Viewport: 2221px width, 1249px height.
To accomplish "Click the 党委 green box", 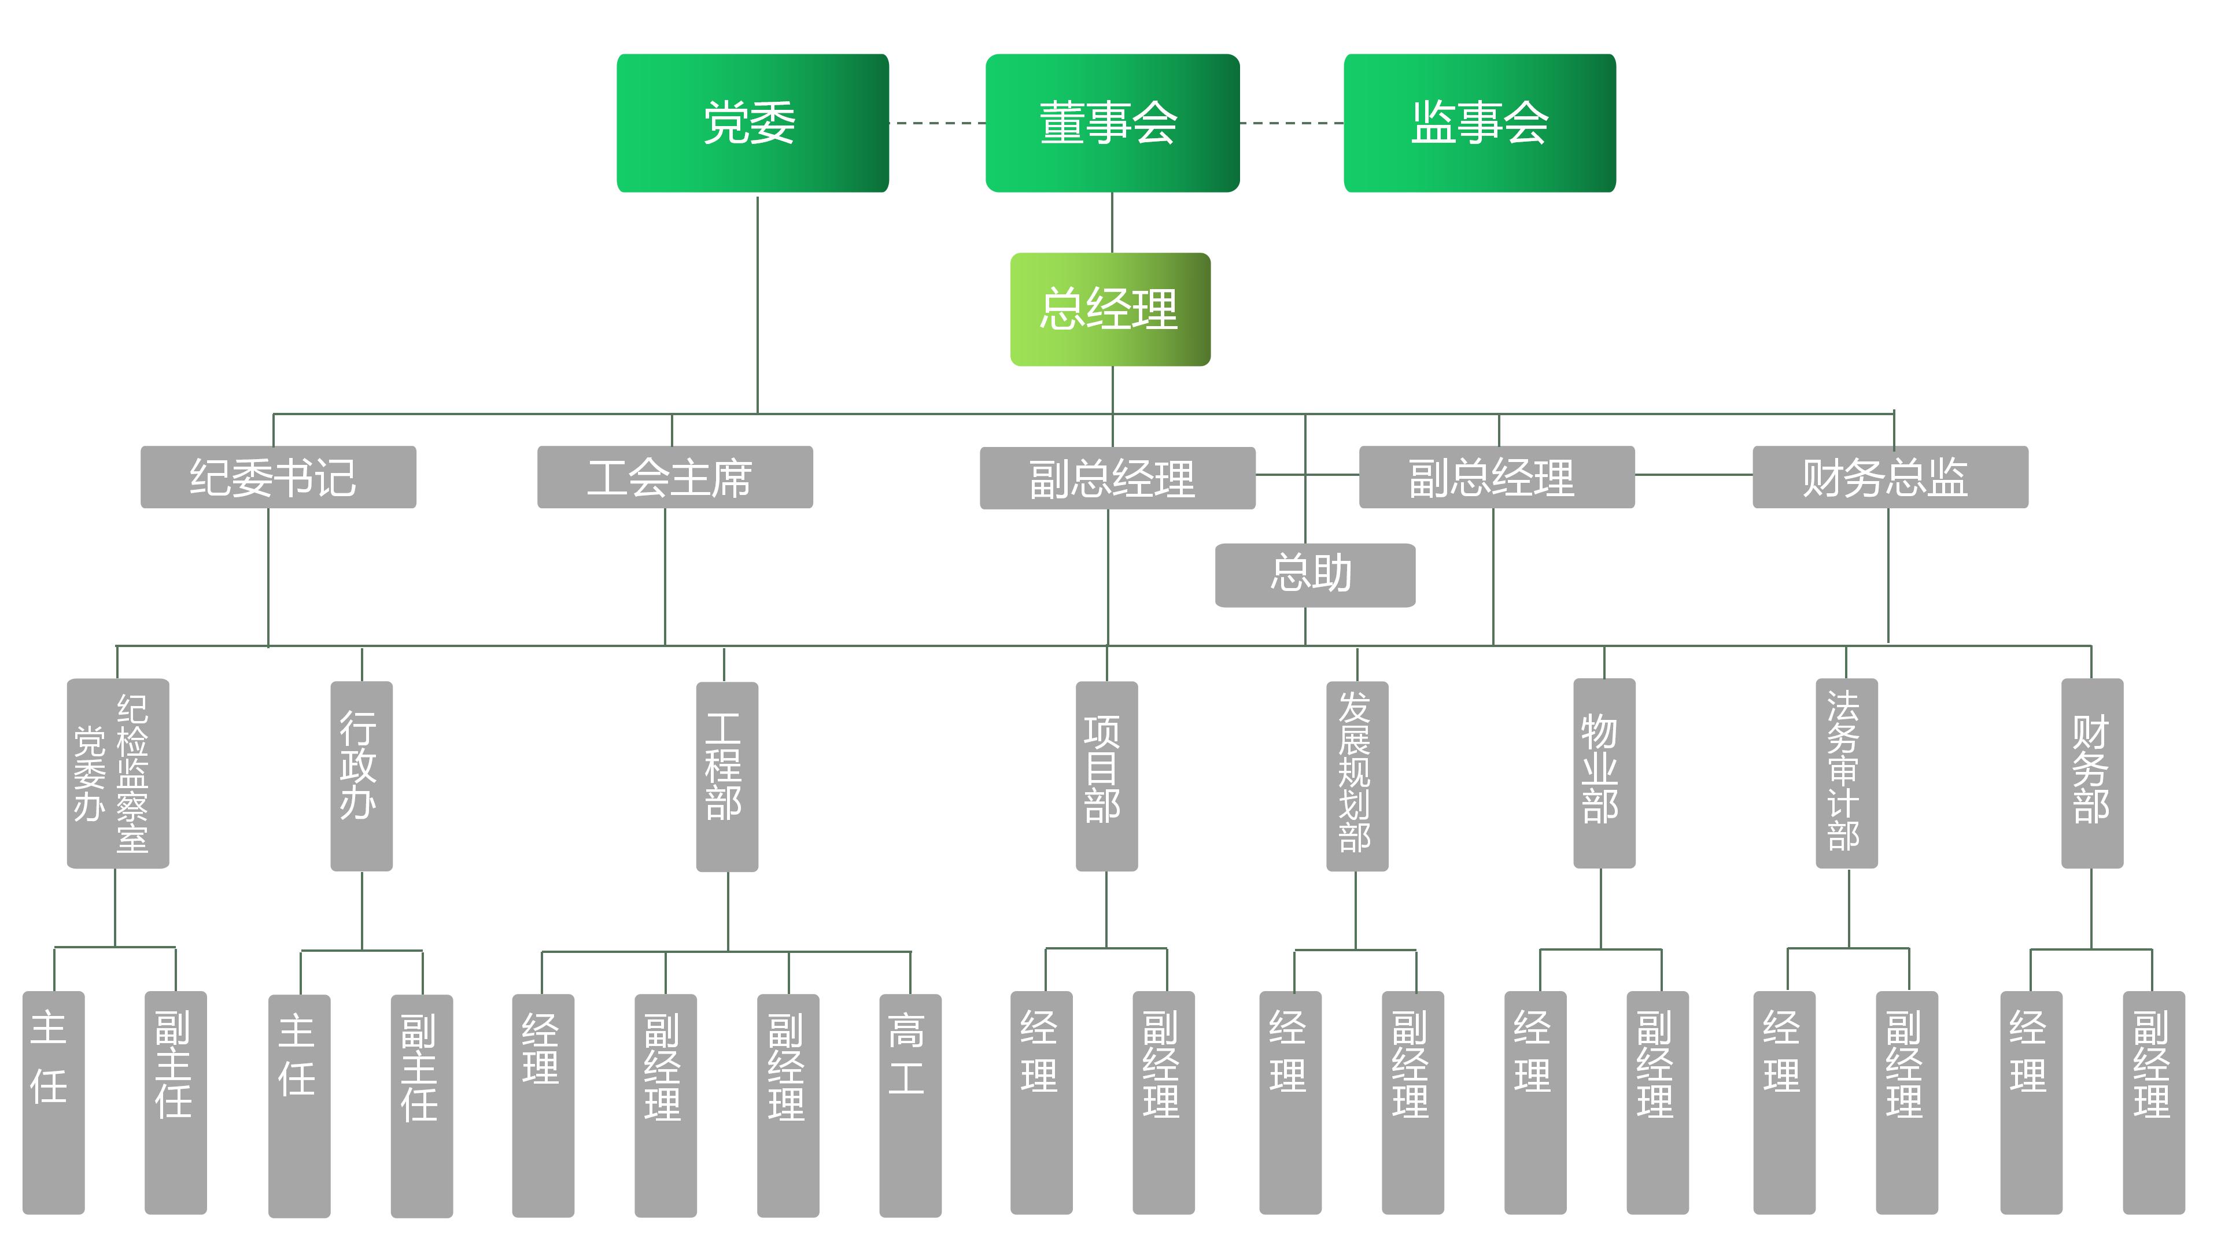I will pos(752,123).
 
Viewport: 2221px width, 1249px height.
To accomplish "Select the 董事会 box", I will pos(1111,123).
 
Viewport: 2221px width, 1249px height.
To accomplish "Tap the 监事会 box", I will pos(1479,123).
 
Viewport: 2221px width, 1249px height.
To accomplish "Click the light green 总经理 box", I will pos(1110,309).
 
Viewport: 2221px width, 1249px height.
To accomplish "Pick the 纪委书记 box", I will pos(278,476).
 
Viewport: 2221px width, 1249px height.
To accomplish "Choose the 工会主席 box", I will pos(674,476).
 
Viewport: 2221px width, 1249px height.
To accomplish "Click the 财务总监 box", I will pos(1889,476).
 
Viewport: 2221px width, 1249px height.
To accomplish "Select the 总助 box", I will pos(1314,575).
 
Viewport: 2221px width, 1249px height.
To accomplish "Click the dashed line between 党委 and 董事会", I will pos(936,123).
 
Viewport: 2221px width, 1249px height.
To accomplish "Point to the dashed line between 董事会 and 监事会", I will pos(1291,123).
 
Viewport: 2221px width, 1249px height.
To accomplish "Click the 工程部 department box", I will pos(727,776).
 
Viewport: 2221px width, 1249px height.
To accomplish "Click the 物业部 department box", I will pos(1604,773).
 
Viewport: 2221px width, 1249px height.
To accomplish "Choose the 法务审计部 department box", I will pos(1846,773).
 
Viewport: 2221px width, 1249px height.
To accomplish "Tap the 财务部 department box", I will pos(2091,773).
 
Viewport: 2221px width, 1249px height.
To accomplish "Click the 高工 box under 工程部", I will pos(910,1105).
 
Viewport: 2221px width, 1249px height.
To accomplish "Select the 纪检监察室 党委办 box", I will pos(117,773).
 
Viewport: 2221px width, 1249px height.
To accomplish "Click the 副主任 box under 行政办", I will pos(422,1105).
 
